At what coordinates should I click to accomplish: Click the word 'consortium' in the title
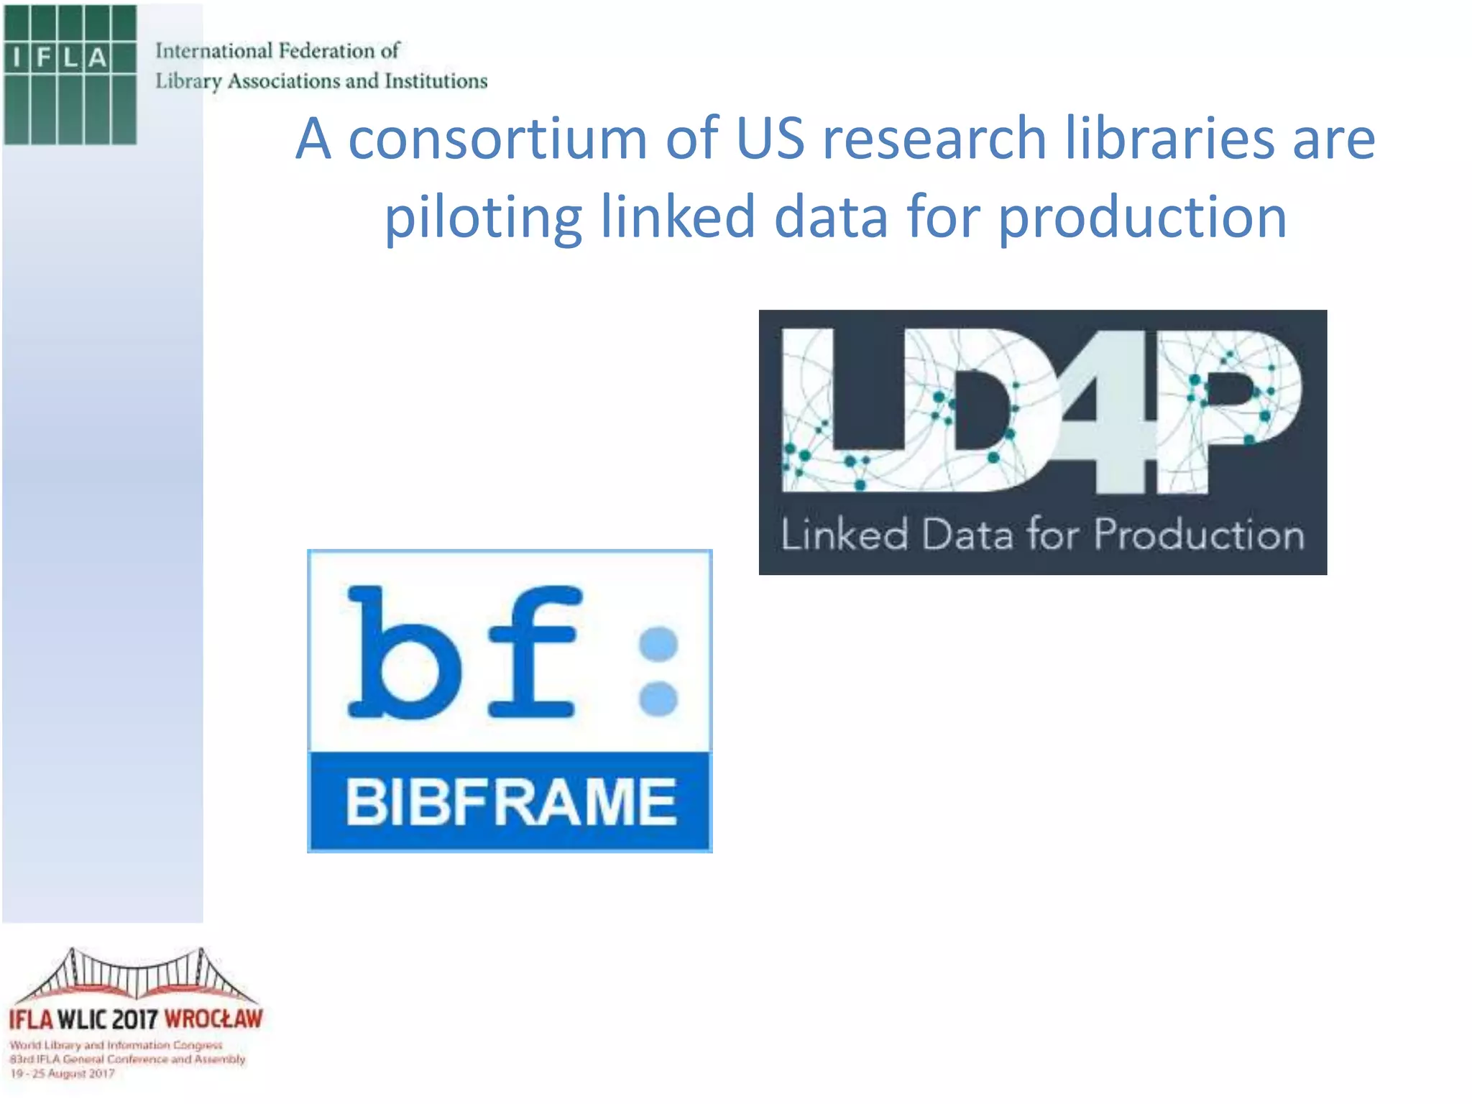click(x=497, y=138)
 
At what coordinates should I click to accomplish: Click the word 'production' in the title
click(x=1142, y=217)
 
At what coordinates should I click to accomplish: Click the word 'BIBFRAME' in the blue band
click(x=510, y=802)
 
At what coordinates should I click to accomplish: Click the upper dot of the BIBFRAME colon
click(x=658, y=643)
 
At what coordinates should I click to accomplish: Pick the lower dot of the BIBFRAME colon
click(x=658, y=699)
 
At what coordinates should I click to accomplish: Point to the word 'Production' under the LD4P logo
click(x=1199, y=535)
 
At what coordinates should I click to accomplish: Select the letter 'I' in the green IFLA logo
click(x=17, y=57)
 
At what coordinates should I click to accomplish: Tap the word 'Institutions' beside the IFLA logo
click(x=436, y=81)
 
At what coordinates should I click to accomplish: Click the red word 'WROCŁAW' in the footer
click(x=213, y=1019)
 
